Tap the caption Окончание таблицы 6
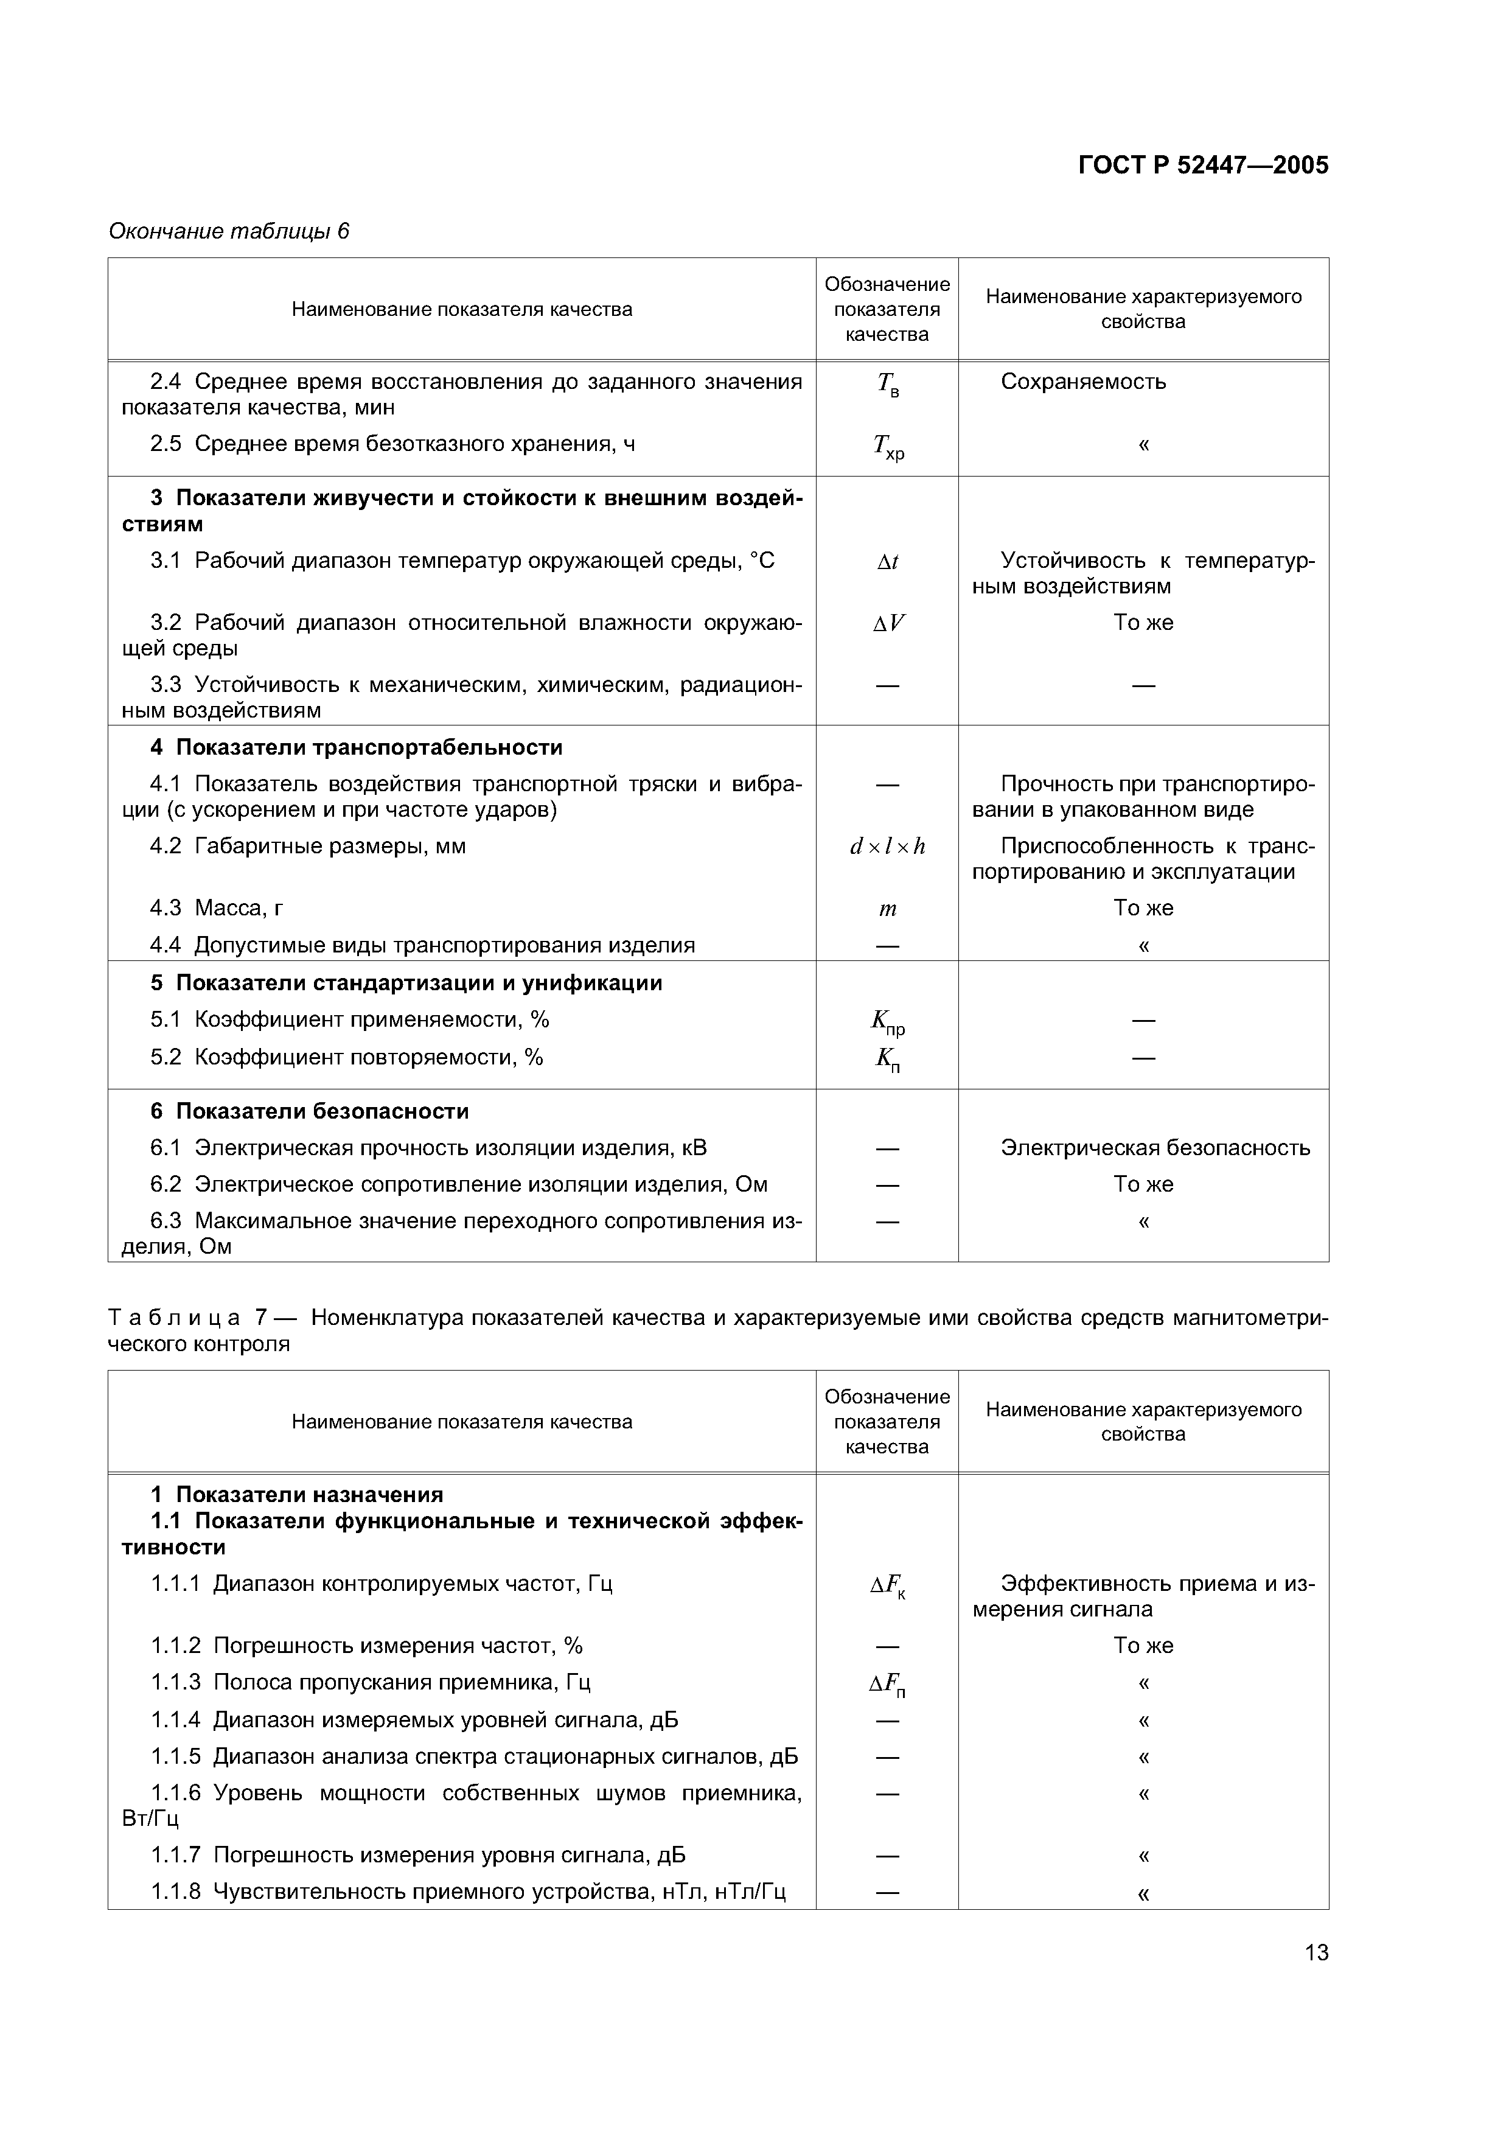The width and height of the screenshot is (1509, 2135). [x=229, y=231]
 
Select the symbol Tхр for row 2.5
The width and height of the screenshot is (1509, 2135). [x=888, y=448]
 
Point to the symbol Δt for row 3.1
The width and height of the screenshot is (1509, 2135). [x=888, y=562]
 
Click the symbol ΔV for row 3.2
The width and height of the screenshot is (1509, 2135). [x=888, y=623]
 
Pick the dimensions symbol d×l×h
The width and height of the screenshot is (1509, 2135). [x=888, y=846]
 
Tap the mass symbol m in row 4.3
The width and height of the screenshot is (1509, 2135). [x=888, y=909]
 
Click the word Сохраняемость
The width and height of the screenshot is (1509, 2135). [x=1083, y=381]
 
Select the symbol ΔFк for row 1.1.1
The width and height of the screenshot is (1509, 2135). [x=888, y=1585]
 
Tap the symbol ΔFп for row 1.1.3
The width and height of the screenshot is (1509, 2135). [x=888, y=1684]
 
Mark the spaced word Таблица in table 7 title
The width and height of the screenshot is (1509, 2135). [x=175, y=1318]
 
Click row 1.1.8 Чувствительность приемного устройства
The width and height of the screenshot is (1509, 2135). [x=468, y=1892]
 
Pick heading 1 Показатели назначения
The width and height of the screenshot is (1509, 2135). [x=296, y=1494]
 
